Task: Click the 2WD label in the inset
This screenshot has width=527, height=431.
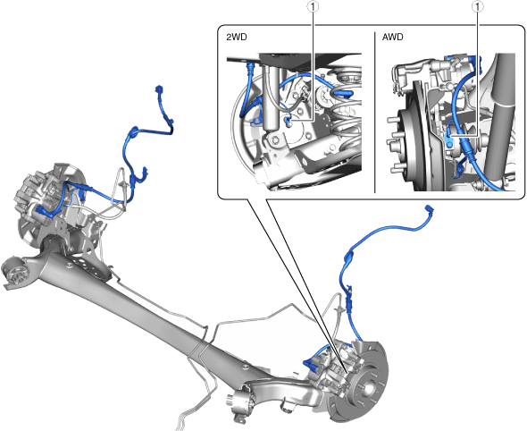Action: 237,37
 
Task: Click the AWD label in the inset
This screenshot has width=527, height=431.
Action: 392,37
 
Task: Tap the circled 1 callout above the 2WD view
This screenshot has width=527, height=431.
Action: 314,6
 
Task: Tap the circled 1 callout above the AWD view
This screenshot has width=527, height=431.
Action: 477,6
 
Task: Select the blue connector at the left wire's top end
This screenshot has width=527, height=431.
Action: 159,89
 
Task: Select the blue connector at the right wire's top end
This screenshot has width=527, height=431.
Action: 430,209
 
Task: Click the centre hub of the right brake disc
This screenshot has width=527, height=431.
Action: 368,387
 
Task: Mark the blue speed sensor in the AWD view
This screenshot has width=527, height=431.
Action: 448,139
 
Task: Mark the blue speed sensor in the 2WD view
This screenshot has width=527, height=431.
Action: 288,121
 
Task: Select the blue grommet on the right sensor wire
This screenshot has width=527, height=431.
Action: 349,257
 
